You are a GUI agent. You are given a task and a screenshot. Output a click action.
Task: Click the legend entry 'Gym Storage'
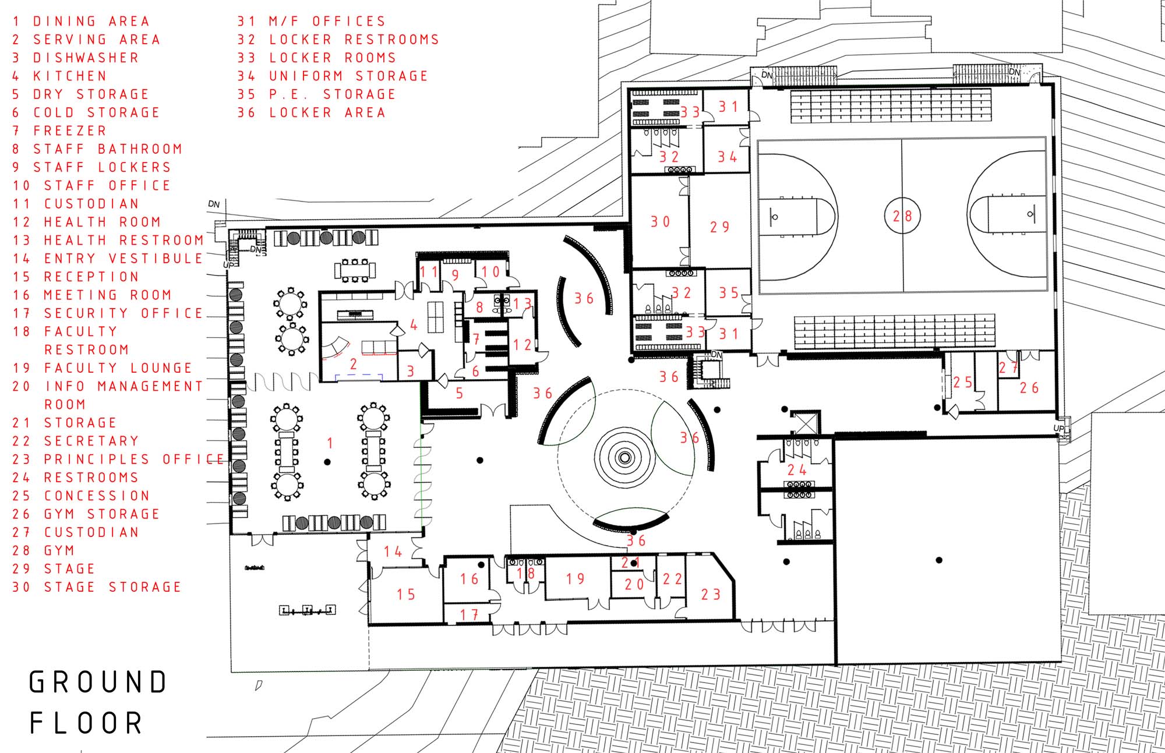pyautogui.click(x=86, y=514)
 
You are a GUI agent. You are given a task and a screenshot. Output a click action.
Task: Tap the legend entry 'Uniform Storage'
pyautogui.click(x=333, y=76)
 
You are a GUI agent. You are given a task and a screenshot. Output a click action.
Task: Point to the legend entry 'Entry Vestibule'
pyautogui.click(x=108, y=259)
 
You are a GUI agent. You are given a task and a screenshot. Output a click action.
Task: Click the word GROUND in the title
pyautogui.click(x=98, y=682)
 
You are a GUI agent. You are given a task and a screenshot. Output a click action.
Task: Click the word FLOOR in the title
pyautogui.click(x=86, y=723)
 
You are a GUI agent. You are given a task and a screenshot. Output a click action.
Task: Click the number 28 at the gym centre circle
pyautogui.click(x=902, y=217)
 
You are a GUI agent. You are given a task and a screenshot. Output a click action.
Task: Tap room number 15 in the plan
pyautogui.click(x=406, y=595)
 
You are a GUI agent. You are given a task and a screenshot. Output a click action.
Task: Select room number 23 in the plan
pyautogui.click(x=711, y=595)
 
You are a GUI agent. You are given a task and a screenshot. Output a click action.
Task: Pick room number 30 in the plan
pyautogui.click(x=661, y=222)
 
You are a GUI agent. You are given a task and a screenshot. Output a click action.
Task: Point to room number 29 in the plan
pyautogui.click(x=719, y=227)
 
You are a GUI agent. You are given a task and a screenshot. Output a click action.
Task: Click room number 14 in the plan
pyautogui.click(x=393, y=552)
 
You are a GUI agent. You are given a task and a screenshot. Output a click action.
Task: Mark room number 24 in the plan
pyautogui.click(x=797, y=470)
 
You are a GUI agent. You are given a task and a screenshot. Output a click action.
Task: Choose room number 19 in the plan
pyautogui.click(x=576, y=579)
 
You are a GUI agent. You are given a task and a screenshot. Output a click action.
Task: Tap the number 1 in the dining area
pyautogui.click(x=330, y=443)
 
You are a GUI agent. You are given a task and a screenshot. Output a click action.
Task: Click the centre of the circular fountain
pyautogui.click(x=624, y=458)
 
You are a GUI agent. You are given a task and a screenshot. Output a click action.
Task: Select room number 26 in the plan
pyautogui.click(x=1029, y=388)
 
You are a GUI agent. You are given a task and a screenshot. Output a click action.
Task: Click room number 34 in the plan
pyautogui.click(x=728, y=157)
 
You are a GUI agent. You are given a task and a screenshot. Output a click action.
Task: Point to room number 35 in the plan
pyautogui.click(x=729, y=293)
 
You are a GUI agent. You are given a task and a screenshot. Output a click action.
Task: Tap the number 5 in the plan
pyautogui.click(x=460, y=394)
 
